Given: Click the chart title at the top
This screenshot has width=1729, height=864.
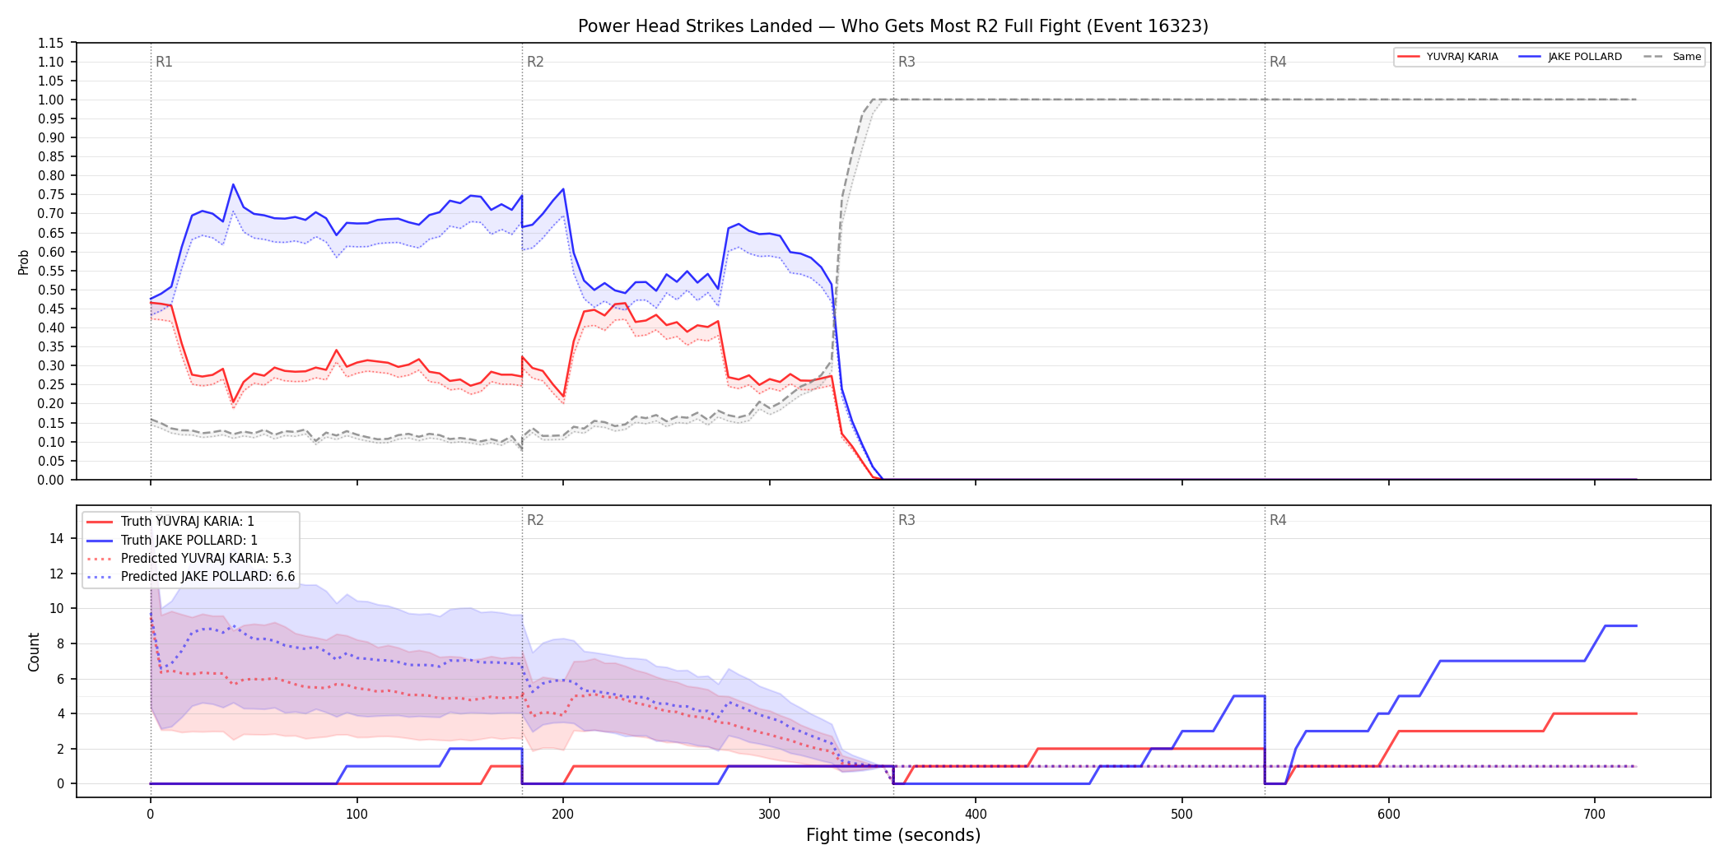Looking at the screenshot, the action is [x=892, y=26].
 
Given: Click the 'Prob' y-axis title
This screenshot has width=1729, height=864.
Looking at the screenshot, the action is [x=23, y=262].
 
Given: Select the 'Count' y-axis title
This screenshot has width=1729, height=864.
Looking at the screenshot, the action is [x=34, y=652].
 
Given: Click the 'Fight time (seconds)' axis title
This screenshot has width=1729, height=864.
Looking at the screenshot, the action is [x=893, y=835].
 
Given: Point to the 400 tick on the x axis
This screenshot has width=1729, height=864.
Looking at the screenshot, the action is [x=976, y=815].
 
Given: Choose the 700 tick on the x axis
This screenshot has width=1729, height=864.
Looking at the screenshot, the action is [x=1595, y=815].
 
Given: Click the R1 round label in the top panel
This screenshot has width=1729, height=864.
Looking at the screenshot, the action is [x=164, y=62].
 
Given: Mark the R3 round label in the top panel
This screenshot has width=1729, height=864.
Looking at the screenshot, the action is [x=906, y=62].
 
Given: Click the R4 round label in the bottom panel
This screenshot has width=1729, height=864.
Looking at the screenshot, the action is [x=1278, y=520].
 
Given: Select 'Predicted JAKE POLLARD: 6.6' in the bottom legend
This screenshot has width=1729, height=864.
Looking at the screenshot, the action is [x=207, y=577].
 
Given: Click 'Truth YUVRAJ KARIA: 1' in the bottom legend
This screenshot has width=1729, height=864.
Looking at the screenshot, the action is [x=188, y=522].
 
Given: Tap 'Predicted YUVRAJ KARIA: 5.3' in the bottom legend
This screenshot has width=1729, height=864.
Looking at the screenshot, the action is [x=206, y=559].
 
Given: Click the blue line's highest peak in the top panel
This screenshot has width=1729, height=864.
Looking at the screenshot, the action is [x=233, y=184].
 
